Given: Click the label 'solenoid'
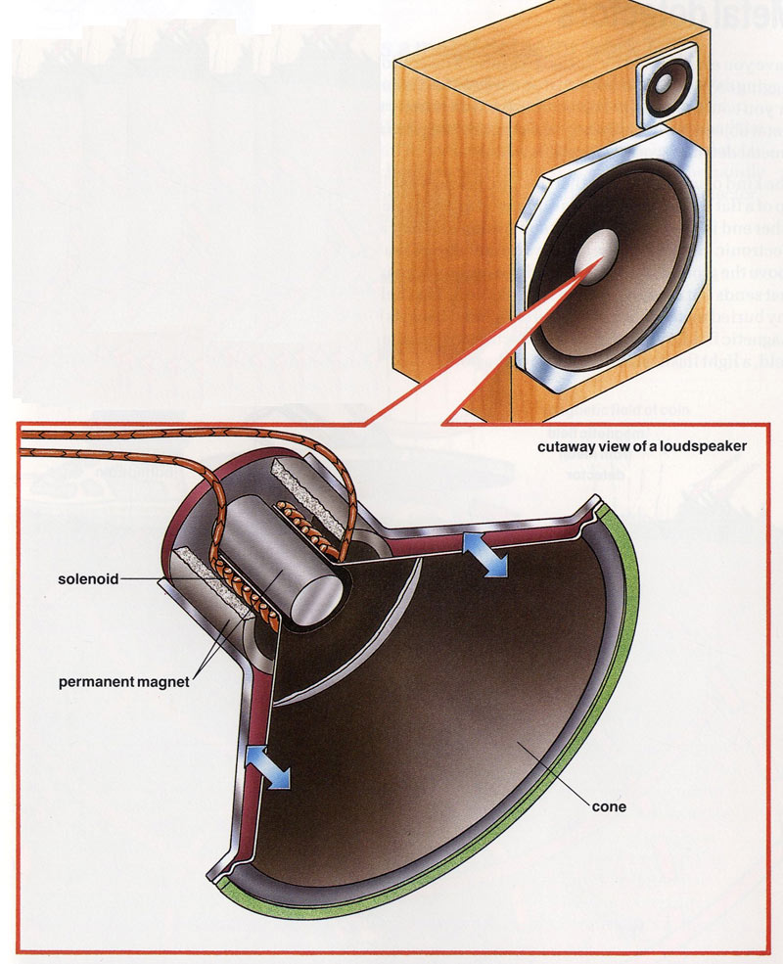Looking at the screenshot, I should pyautogui.click(x=89, y=579).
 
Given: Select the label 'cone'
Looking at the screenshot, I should pyautogui.click(x=608, y=808).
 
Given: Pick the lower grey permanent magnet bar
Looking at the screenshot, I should pyautogui.click(x=206, y=597).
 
